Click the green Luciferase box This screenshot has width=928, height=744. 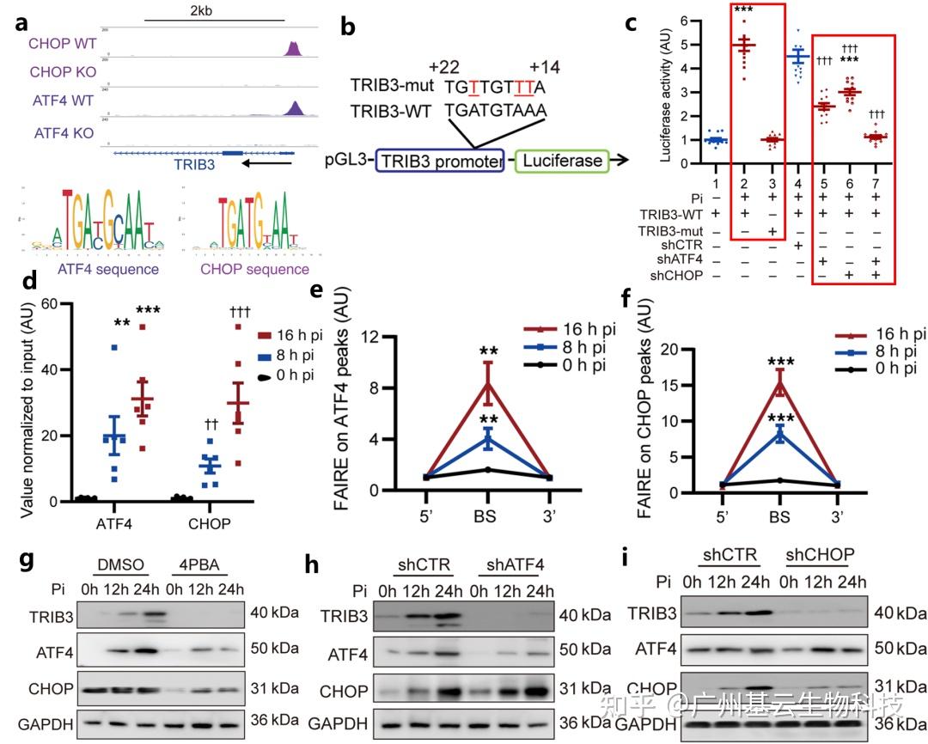(561, 161)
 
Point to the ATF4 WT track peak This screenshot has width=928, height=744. (295, 107)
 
